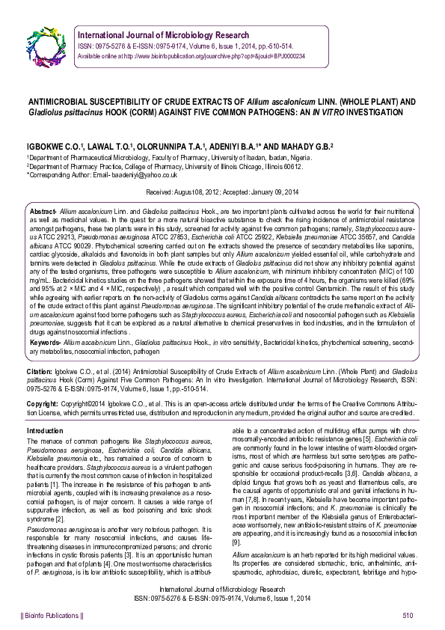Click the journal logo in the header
[x=46, y=43]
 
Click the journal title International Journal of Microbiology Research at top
[x=173, y=34]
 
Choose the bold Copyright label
[x=42, y=405]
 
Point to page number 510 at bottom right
[x=408, y=615]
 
